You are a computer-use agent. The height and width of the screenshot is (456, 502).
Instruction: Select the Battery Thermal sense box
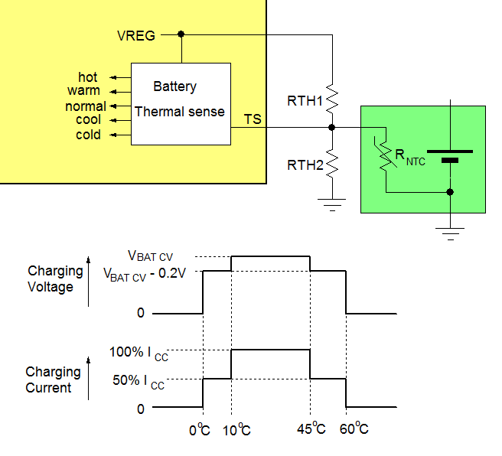[x=181, y=103]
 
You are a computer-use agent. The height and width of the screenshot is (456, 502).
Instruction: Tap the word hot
[x=88, y=77]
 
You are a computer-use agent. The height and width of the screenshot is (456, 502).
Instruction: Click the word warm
[x=83, y=91]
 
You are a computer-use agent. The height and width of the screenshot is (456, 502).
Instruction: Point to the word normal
[x=86, y=106]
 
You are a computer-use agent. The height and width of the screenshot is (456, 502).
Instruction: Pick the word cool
[x=88, y=120]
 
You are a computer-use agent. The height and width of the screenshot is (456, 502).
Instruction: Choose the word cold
[x=88, y=135]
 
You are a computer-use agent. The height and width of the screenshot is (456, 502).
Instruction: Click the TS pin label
[x=253, y=119]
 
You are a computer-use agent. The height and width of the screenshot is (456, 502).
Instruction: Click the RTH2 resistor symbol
[x=332, y=164]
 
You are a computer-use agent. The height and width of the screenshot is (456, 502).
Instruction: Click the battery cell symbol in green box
[x=449, y=155]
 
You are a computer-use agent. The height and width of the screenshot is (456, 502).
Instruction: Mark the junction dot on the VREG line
[x=181, y=34]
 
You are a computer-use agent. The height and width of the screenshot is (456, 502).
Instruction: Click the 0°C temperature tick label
[x=200, y=429]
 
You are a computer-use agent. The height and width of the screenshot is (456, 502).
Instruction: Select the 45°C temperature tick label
[x=311, y=429]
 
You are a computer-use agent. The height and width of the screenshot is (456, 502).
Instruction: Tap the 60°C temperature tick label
[x=354, y=429]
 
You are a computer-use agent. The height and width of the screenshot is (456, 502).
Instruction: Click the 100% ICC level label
[x=138, y=355]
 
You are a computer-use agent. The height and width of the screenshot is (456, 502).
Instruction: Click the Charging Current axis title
[x=53, y=379]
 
